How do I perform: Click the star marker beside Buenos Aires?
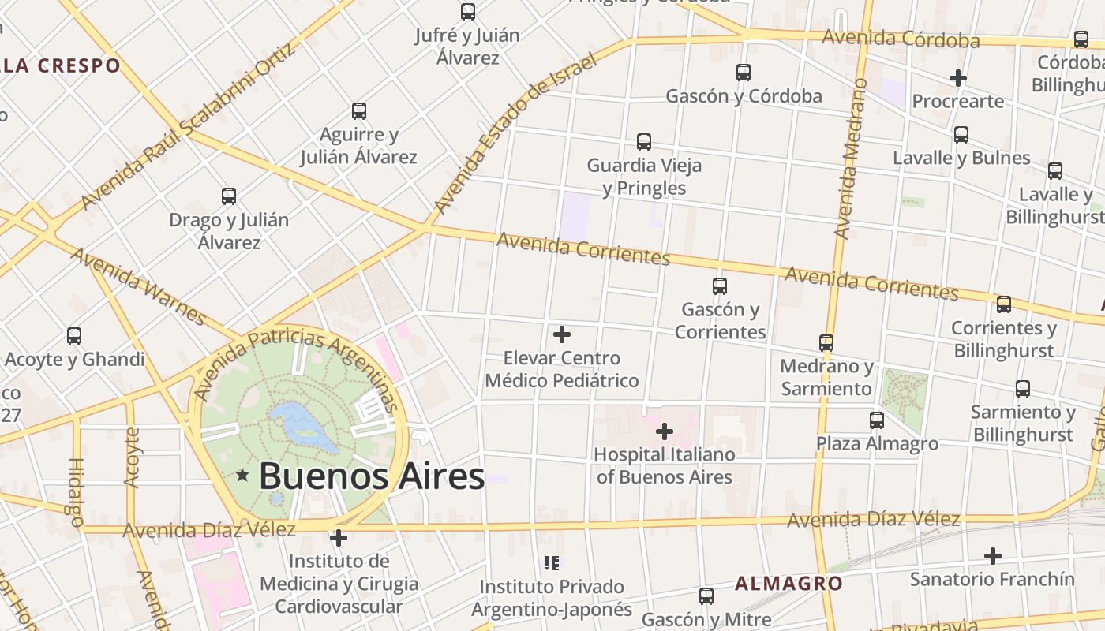point(242,475)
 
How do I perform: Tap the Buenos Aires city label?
point(371,476)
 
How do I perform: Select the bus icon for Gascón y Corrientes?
point(719,286)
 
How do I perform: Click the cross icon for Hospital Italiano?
point(665,431)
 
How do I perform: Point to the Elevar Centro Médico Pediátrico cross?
point(562,334)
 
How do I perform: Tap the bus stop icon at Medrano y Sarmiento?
point(826,343)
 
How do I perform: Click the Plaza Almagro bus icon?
point(877,420)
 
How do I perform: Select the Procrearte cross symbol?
point(958,78)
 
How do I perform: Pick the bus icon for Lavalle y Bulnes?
point(961,134)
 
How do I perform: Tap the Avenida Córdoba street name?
point(901,39)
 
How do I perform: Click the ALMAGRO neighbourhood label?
point(788,584)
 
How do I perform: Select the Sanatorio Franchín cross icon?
point(992,556)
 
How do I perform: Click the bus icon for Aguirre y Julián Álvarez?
point(359,111)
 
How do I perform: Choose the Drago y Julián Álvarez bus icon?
point(229,196)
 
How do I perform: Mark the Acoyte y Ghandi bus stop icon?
point(74,336)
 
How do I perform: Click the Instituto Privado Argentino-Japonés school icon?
point(552,563)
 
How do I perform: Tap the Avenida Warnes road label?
point(138,286)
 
